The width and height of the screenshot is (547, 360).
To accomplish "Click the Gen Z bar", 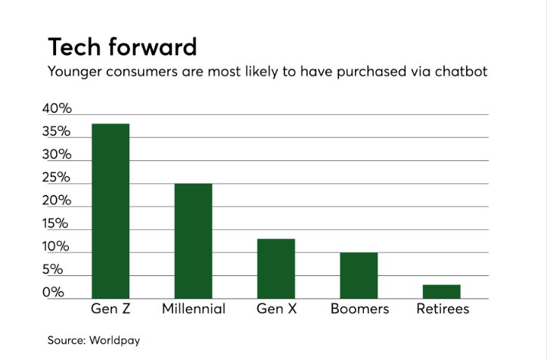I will point(110,211).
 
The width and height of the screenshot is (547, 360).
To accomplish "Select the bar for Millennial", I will point(193,241).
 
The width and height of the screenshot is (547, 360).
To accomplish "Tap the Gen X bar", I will point(276,268).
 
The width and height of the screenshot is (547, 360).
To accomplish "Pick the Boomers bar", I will point(359,275).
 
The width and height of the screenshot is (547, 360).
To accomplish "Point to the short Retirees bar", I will point(442,291).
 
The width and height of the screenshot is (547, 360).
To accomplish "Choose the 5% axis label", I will point(60,270).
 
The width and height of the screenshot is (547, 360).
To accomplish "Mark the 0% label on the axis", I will point(60,293).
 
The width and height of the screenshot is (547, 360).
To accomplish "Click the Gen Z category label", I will point(110,309).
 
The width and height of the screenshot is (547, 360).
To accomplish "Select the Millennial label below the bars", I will point(194,309).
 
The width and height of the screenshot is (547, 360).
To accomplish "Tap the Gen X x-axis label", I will point(276,309).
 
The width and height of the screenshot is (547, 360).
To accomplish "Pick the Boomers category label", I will point(359,309).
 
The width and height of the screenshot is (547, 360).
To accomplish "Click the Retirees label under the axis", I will point(443,309).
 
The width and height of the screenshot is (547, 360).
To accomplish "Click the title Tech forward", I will point(122,47).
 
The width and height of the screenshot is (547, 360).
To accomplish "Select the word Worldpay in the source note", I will point(114,341).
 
